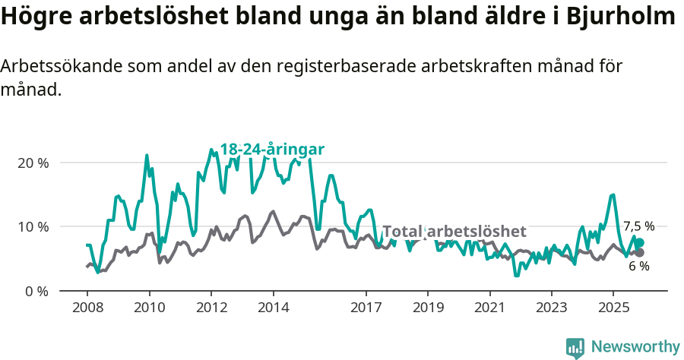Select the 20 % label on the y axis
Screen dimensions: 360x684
click(33, 163)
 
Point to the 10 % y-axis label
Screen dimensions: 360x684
click(33, 227)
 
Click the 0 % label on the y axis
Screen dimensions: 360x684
click(36, 291)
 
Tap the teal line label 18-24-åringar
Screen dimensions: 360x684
click(272, 149)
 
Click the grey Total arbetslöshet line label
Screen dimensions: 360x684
click(454, 232)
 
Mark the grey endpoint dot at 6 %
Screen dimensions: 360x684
click(639, 252)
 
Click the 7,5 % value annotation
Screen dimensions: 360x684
click(638, 226)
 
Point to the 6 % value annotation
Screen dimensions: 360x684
click(638, 267)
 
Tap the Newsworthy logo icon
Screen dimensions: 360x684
click(575, 347)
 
